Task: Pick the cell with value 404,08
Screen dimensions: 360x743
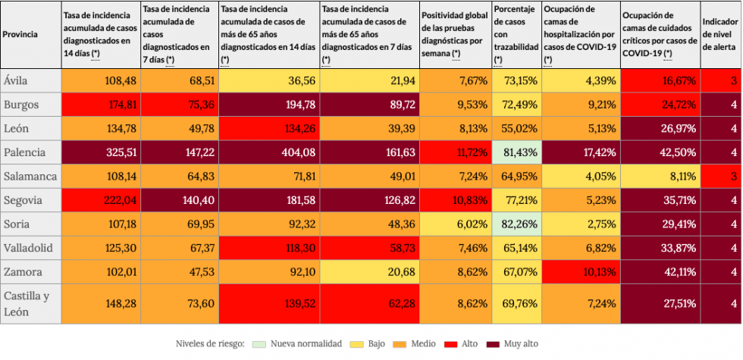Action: point(268,152)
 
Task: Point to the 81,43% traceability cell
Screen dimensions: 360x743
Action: point(516,152)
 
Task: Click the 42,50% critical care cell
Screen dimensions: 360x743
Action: point(660,152)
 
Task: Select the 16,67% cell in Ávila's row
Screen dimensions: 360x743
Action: point(660,80)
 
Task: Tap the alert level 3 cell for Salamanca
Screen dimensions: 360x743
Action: point(721,177)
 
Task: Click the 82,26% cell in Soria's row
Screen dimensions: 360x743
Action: point(516,224)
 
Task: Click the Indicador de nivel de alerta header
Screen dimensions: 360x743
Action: point(721,34)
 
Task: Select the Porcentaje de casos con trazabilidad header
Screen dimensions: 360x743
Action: point(516,34)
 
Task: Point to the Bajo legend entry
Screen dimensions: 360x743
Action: point(371,343)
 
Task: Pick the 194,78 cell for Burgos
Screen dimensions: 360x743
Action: point(268,105)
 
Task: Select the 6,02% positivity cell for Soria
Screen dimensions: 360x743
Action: point(455,224)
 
